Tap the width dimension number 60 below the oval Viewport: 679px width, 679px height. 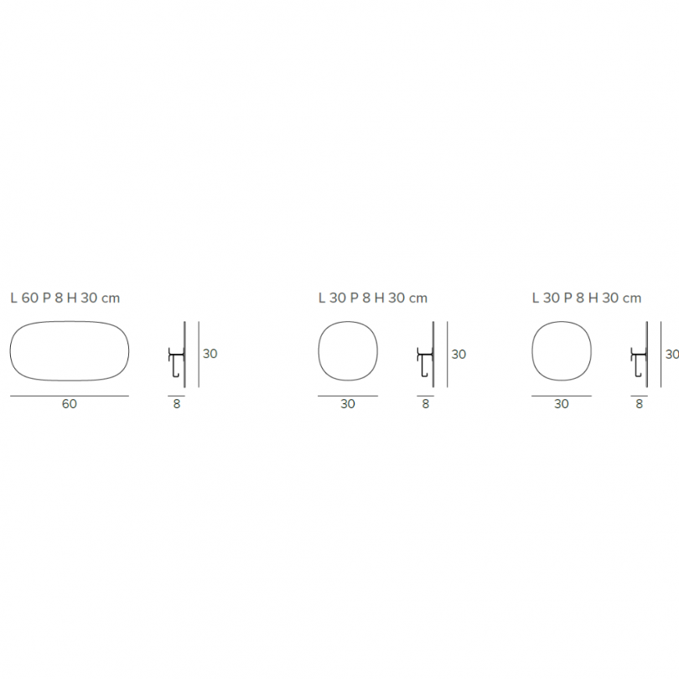(x=69, y=404)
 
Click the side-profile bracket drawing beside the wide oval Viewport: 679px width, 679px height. (x=178, y=355)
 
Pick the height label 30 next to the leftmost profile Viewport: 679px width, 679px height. (x=210, y=354)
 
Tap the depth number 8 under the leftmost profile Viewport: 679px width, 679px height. (x=176, y=404)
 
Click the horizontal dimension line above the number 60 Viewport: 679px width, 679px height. (x=69, y=395)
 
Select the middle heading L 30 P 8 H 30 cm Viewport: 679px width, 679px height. (x=372, y=298)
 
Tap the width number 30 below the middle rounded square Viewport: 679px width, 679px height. (x=348, y=404)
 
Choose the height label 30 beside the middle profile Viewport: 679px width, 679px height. (x=459, y=354)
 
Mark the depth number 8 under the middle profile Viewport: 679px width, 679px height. (x=426, y=404)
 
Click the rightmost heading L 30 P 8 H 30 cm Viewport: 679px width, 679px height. (x=586, y=298)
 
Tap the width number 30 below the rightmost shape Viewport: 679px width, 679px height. (x=562, y=404)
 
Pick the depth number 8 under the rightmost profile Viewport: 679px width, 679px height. (x=640, y=404)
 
